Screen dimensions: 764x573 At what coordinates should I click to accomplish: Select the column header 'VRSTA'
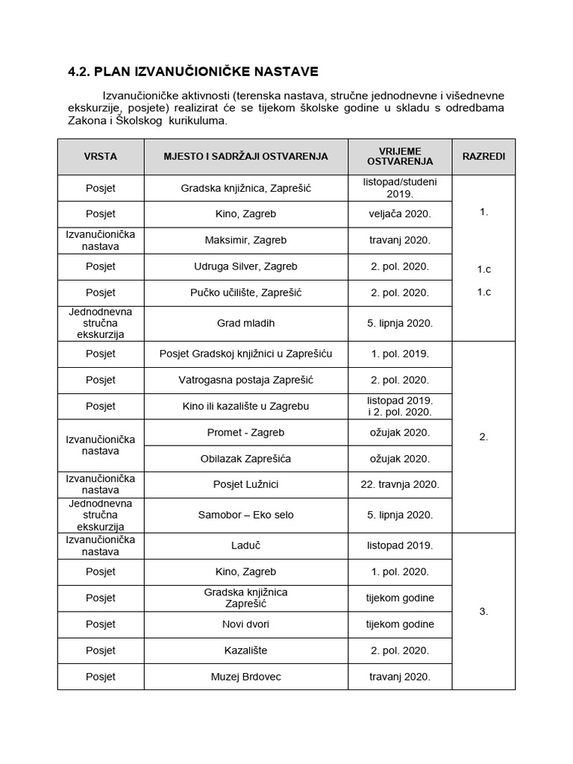100,157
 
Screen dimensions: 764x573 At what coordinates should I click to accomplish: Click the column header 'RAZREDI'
483,157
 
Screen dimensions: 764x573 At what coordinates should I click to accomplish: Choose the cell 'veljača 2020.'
399,214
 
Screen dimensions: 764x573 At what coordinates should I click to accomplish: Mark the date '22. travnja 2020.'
399,484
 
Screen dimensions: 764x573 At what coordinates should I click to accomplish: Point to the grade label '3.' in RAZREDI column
483,611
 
